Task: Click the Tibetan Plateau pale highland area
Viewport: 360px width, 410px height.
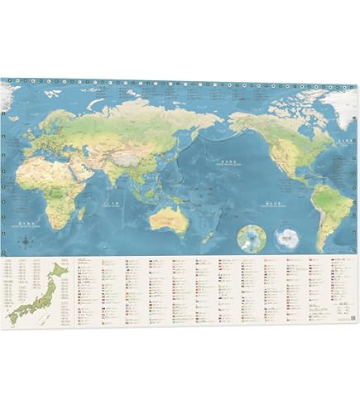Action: pyautogui.click(x=120, y=151)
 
